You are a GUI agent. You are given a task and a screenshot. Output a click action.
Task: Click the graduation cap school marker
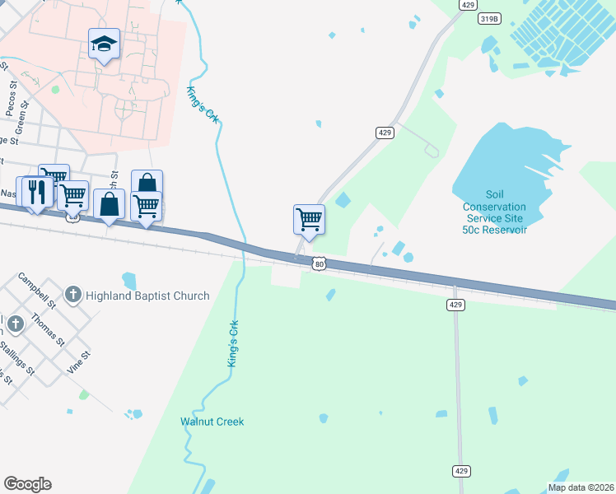105,43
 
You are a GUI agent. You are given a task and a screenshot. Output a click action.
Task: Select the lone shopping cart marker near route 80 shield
309,220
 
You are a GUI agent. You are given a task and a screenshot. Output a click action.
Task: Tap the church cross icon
73,294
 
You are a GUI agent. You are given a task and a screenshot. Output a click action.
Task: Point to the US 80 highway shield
320,263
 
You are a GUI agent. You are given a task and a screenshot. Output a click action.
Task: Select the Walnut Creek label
212,422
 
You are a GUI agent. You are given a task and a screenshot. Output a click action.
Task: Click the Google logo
27,484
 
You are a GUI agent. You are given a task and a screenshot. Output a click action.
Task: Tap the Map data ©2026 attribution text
581,487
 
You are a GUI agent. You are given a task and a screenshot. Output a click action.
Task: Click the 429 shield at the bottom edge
461,470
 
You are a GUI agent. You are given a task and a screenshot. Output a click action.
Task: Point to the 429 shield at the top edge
469,5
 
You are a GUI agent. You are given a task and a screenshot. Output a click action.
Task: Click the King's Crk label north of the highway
203,105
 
